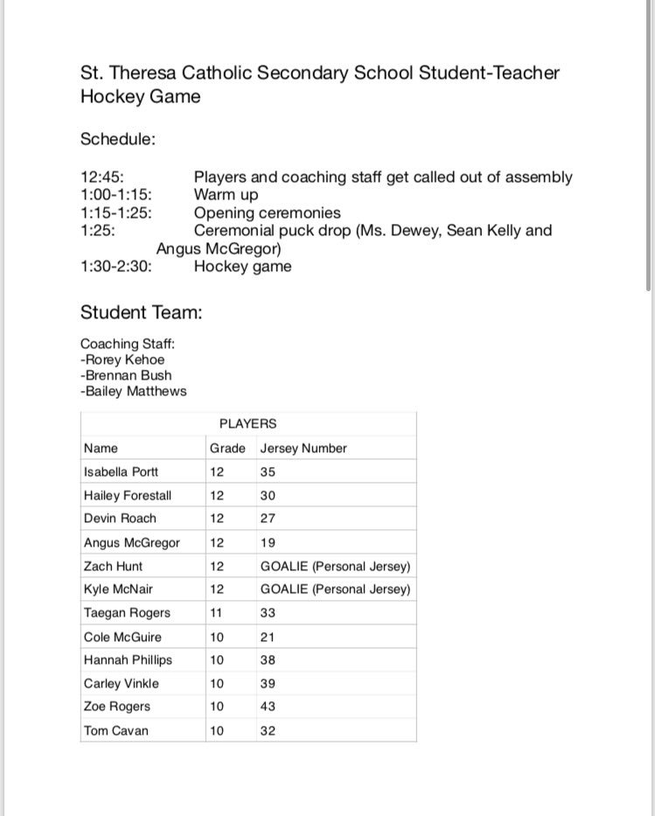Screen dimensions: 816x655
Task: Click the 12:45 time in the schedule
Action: [103, 178]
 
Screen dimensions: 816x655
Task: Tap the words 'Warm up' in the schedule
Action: [226, 195]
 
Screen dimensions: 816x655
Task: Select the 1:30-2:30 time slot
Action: [116, 267]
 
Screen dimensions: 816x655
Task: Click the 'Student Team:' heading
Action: [142, 312]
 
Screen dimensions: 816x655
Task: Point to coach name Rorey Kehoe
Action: [122, 359]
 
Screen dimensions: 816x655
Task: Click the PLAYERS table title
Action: [247, 423]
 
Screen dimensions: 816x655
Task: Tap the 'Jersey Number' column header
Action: [303, 449]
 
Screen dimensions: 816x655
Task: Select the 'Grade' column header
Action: [227, 449]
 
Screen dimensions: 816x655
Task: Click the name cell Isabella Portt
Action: [121, 472]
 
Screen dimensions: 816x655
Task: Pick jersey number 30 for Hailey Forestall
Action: [268, 495]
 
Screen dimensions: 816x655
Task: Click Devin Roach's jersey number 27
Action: [268, 519]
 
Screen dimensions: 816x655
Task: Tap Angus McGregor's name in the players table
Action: [131, 542]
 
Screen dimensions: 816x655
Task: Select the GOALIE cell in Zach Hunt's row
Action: [335, 566]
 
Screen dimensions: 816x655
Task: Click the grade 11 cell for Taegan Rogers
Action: [216, 613]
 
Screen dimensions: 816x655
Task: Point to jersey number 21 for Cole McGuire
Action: [268, 637]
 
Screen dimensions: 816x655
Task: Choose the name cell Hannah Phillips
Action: [128, 660]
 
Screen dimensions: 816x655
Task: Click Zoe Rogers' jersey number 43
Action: [268, 707]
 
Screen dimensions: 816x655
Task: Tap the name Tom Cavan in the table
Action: [116, 730]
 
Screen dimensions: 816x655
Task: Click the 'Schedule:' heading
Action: [118, 139]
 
